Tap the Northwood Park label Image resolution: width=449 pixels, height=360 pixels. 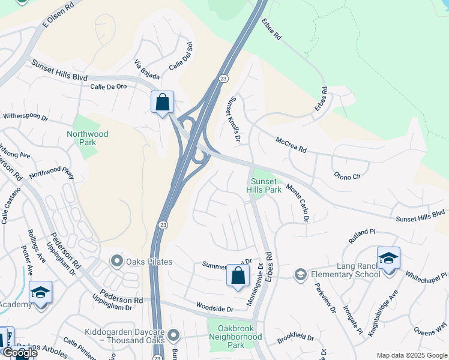coord(88,138)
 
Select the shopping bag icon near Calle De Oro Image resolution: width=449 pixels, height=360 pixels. coord(162,103)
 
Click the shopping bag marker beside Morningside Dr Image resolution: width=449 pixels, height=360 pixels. coord(238,276)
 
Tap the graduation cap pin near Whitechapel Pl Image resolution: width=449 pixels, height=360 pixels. coord(388,259)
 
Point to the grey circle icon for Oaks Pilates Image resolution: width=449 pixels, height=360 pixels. coord(116,262)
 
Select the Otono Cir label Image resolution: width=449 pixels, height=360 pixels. coord(348,176)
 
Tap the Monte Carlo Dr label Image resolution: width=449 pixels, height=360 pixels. coord(297,203)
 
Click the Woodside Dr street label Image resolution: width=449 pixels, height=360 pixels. coord(214,308)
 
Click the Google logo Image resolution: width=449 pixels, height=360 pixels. coord(20,352)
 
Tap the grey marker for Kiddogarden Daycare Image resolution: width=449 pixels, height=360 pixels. coord(173,334)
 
